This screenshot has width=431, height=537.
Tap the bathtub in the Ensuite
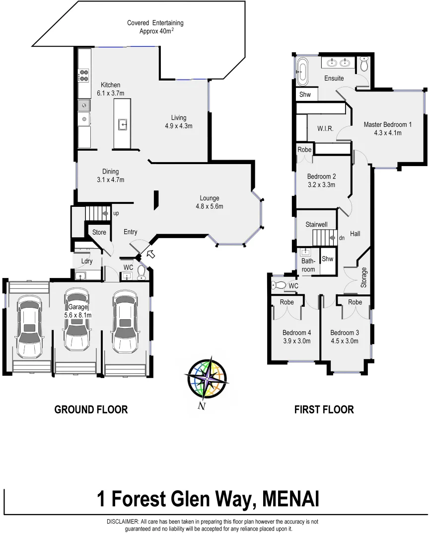tap(302, 71)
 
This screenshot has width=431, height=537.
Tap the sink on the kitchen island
tap(122, 124)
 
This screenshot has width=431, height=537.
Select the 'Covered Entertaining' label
tap(155, 23)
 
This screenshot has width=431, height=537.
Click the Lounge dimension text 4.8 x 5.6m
tap(209, 206)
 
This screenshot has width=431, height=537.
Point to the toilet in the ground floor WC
tap(142, 271)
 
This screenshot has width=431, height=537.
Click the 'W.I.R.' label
tap(325, 129)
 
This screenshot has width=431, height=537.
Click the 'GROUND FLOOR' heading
tap(91, 410)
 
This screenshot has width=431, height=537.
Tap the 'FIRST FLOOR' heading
tap(324, 410)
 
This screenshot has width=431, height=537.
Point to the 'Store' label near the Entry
tap(99, 232)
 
